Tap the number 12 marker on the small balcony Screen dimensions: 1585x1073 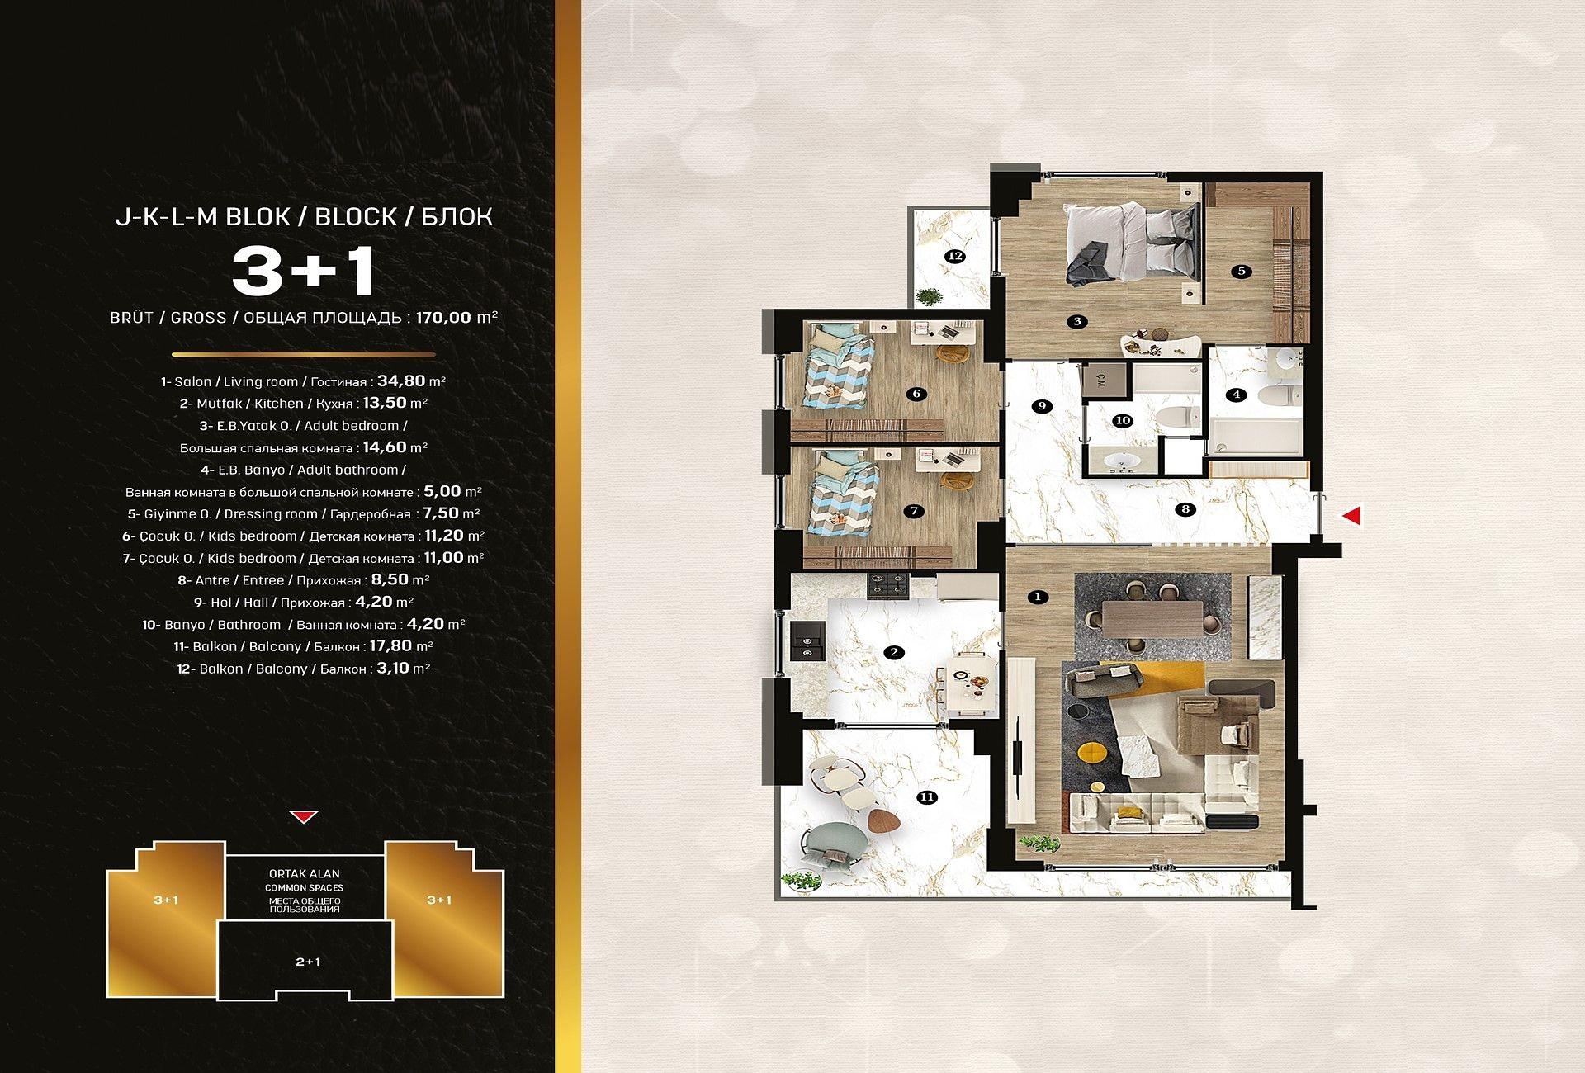pos(955,256)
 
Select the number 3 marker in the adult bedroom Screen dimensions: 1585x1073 pos(1076,321)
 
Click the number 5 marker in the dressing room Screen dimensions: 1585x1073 pos(1241,271)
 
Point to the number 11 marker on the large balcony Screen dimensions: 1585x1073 pos(927,796)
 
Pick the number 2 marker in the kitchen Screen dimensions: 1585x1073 pos(894,652)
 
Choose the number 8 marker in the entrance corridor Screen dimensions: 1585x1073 pos(1185,509)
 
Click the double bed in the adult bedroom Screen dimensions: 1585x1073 pos(1131,245)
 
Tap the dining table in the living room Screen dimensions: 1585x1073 pos(1152,618)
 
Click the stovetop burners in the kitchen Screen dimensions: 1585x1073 pos(887,586)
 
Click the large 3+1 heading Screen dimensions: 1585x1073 pos(304,271)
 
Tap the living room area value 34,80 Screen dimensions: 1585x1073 pos(401,381)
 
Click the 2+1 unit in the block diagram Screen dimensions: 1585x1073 pos(308,962)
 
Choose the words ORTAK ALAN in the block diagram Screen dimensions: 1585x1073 pos(305,873)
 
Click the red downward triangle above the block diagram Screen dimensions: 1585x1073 pos(304,817)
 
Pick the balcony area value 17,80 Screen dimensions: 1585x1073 pos(390,645)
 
